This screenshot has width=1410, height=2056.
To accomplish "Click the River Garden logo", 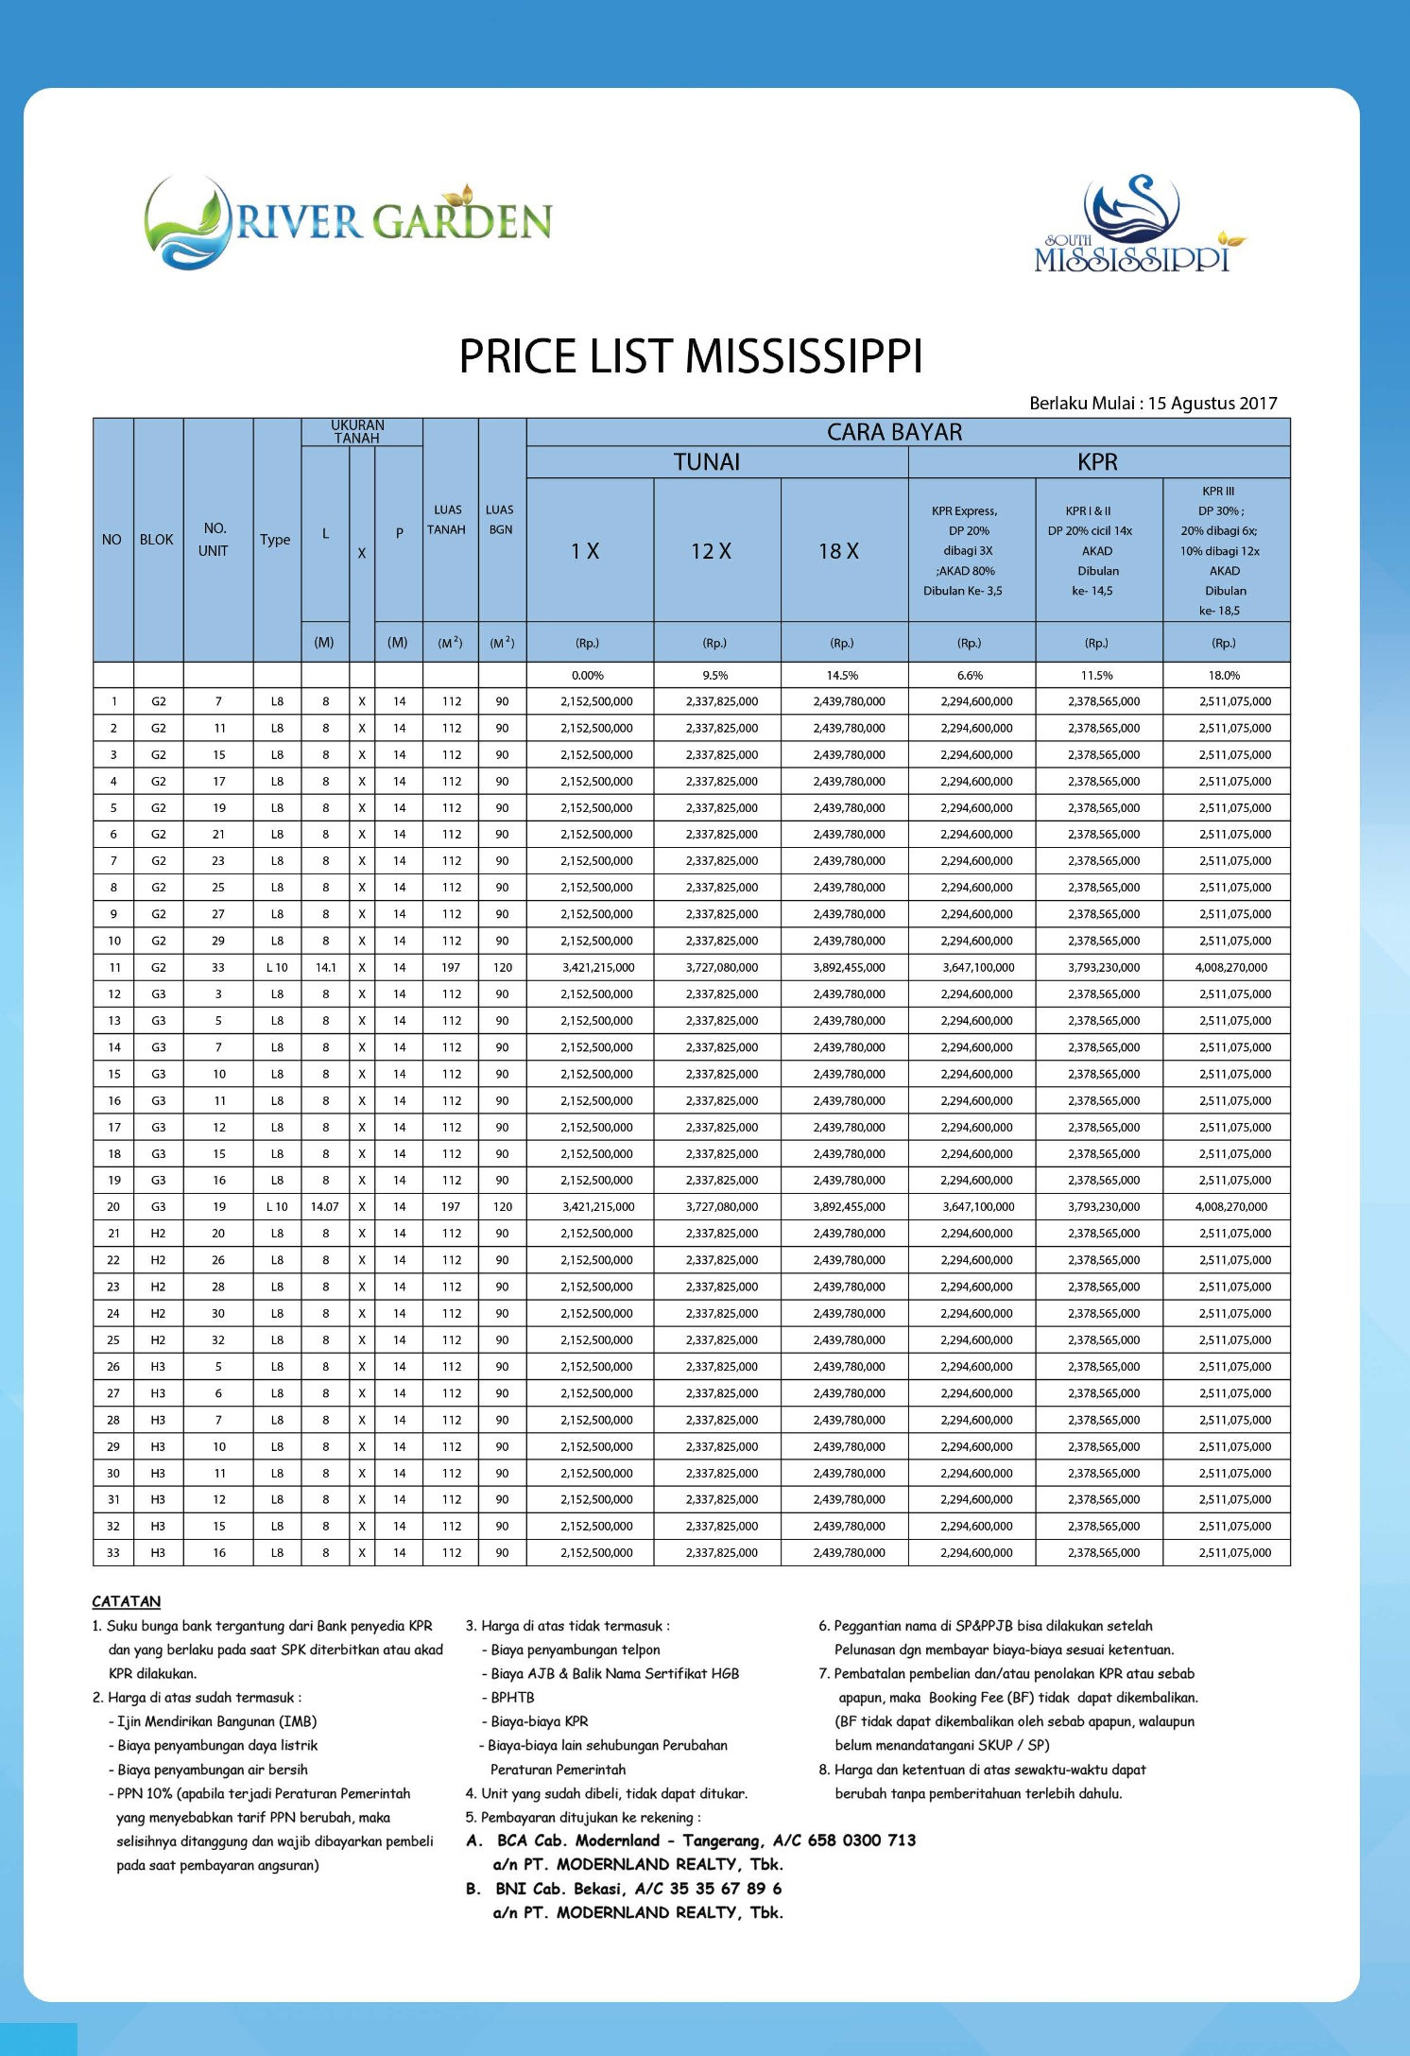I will click(348, 223).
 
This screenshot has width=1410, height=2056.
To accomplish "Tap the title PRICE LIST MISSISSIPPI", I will click(690, 357).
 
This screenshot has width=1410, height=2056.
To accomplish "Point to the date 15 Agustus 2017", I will click(1212, 404).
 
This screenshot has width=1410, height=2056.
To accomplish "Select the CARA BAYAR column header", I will click(894, 432).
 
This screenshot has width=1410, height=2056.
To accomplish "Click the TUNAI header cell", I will click(707, 462).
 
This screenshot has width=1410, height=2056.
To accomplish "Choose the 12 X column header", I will click(711, 551).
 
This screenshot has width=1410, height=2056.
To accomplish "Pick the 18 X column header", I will click(838, 551).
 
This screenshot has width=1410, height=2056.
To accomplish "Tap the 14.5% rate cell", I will click(841, 675).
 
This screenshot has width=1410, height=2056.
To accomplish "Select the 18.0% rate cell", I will click(1224, 675).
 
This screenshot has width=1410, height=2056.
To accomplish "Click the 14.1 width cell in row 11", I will click(325, 967).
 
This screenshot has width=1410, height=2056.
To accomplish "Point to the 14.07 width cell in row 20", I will click(324, 1206).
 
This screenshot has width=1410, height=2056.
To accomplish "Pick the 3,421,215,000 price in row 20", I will click(597, 1206).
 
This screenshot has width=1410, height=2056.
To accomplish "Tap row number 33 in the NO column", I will click(113, 1552).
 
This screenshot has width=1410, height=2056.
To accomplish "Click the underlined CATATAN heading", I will click(127, 1601).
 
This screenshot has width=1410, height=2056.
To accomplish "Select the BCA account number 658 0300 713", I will click(861, 1840).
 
